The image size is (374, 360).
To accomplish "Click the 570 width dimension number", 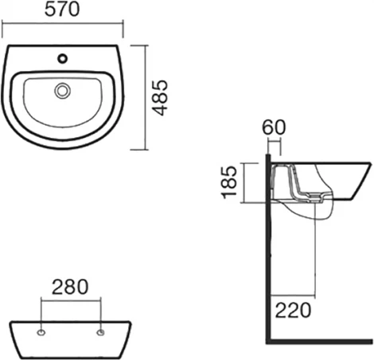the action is pyautogui.click(x=62, y=10).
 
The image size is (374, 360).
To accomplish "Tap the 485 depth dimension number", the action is pyautogui.click(x=161, y=98).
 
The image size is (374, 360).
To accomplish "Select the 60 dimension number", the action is pyautogui.click(x=274, y=127).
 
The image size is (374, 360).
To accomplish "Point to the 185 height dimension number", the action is pyautogui.click(x=229, y=182).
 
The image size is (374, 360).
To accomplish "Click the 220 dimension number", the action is pyautogui.click(x=293, y=310).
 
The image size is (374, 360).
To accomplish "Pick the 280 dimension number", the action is pyautogui.click(x=70, y=287).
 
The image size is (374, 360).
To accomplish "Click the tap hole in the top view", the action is pyautogui.click(x=63, y=59).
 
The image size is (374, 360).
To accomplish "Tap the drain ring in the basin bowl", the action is pyautogui.click(x=63, y=91).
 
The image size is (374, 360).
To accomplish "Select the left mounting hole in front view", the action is pyautogui.click(x=41, y=332).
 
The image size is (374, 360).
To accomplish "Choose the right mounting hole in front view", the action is pyautogui.click(x=100, y=332).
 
